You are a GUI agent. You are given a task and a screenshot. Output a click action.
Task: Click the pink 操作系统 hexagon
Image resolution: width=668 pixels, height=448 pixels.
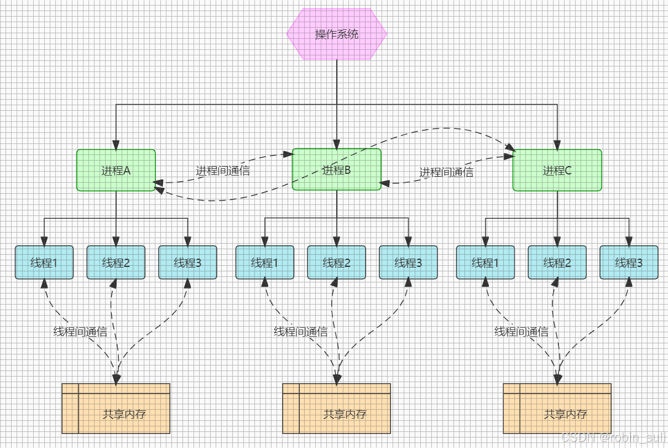pyautogui.click(x=337, y=34)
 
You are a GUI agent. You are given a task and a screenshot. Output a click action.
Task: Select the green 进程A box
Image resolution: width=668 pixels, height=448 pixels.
pyautogui.click(x=116, y=170)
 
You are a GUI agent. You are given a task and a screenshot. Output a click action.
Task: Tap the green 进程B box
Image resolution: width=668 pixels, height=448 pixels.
pyautogui.click(x=336, y=169)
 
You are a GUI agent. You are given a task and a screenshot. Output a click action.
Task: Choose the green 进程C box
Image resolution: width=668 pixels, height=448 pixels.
pyautogui.click(x=557, y=170)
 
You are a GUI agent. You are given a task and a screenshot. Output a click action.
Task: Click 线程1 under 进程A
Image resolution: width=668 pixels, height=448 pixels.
pyautogui.click(x=44, y=262)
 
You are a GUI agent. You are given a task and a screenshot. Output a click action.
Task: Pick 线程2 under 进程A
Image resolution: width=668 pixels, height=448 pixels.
pyautogui.click(x=116, y=262)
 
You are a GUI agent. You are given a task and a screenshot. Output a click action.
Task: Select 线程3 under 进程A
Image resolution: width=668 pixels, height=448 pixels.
pyautogui.click(x=187, y=262)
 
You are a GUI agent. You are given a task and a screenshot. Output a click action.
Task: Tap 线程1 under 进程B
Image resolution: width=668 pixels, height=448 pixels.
pyautogui.click(x=265, y=262)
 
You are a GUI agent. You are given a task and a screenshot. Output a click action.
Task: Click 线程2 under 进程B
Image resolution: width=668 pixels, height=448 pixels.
pyautogui.click(x=336, y=262)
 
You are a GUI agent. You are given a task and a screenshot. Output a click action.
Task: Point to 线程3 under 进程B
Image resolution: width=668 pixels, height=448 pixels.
pyautogui.click(x=408, y=262)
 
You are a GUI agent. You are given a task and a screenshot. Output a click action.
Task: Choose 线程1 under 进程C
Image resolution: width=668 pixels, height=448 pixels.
pyautogui.click(x=485, y=262)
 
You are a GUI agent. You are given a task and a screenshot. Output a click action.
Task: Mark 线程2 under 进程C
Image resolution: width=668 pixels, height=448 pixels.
pyautogui.click(x=557, y=262)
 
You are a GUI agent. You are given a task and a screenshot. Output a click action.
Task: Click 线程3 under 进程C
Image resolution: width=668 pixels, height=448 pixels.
pyautogui.click(x=629, y=262)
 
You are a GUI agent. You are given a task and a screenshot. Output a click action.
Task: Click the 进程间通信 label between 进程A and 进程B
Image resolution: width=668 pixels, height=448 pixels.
pyautogui.click(x=223, y=171)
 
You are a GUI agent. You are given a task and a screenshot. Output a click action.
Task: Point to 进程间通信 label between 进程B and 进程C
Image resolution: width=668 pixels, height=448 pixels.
pyautogui.click(x=446, y=172)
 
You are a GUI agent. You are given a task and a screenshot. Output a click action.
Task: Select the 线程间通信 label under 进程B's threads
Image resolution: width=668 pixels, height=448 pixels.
pyautogui.click(x=301, y=332)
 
